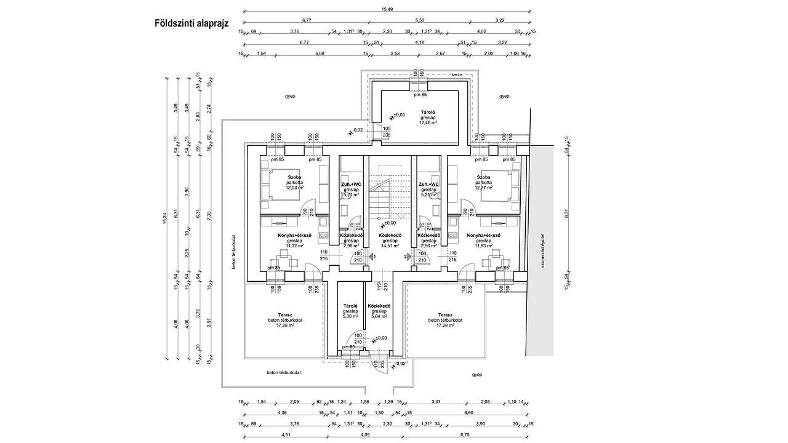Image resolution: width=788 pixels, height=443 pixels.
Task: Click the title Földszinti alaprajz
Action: coord(191,24)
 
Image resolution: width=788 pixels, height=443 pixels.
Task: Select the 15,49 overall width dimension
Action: coord(387,9)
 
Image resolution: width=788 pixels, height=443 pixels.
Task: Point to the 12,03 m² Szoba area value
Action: coord(294,188)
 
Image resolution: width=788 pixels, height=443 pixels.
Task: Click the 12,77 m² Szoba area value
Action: coord(483,188)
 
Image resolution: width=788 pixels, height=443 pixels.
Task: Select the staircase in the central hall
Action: coord(390,191)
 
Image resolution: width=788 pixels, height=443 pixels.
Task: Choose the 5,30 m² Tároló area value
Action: coord(350,317)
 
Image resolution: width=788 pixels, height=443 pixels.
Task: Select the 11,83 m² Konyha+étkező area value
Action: coord(483,246)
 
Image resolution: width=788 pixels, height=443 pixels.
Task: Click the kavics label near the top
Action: coord(456,74)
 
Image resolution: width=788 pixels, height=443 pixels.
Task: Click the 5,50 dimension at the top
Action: coord(420,20)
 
